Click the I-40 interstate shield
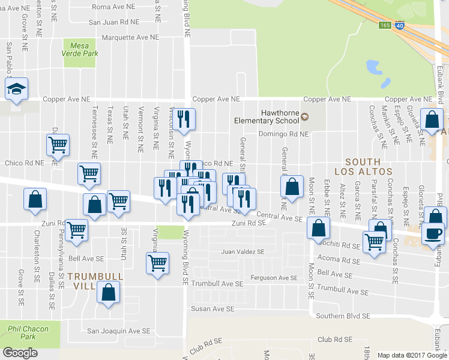point(399,26)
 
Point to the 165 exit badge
point(385,25)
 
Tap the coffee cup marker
point(433,234)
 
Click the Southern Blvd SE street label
point(343,316)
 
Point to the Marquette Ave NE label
point(130,37)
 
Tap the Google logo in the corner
point(20,352)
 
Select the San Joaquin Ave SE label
point(119,331)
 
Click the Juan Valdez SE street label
point(243,252)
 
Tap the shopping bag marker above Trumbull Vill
point(108,293)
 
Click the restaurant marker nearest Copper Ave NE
point(184,119)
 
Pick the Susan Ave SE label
point(212,309)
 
